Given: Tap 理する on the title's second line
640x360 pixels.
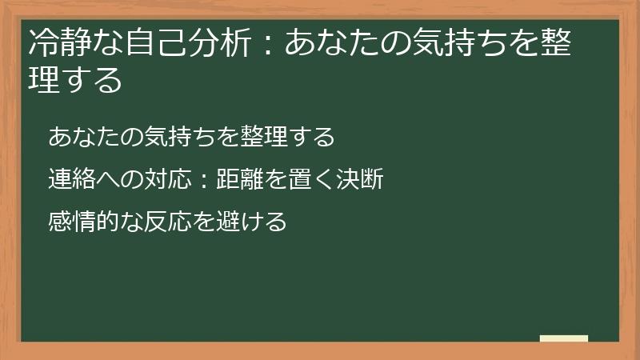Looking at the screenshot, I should [x=75, y=80].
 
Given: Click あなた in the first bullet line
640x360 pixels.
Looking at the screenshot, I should [x=83, y=137].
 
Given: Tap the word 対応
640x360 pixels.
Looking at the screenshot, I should [x=166, y=179].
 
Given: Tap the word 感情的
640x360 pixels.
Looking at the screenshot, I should [x=83, y=222].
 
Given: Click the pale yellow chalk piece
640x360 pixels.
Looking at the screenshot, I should [x=564, y=338].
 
